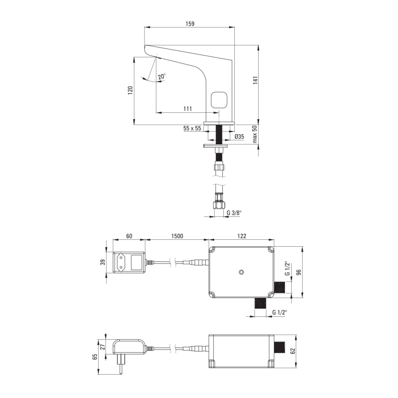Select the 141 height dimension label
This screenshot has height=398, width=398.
pos(256,80)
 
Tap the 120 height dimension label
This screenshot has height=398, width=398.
pos(130,90)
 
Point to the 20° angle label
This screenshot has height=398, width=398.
pos(161,77)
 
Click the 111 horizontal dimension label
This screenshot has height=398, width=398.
pos(188,109)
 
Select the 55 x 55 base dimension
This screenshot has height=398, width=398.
pos(192,129)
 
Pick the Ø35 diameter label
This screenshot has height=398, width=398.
pos(239,137)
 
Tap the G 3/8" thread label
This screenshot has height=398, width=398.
pos(234,213)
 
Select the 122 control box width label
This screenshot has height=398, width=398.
pos(242,236)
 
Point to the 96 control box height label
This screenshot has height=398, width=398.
pos(299,272)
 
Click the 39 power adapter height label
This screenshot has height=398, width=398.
pos(103,262)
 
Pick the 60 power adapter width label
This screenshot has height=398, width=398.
pos(129,236)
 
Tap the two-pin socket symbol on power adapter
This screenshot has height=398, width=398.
pos(122,262)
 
